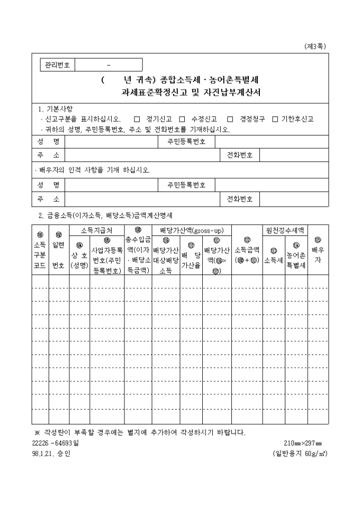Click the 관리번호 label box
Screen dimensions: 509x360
click(58, 65)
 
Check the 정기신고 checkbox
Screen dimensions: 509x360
click(137, 119)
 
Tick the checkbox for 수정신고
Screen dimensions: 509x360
click(182, 119)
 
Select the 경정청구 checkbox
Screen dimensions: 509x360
click(230, 119)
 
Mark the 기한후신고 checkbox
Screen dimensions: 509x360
click(275, 119)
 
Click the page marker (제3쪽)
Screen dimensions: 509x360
click(316, 46)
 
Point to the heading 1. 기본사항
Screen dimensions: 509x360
click(59, 109)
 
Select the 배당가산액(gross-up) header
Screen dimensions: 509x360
click(191, 231)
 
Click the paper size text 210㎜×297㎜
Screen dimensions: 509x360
click(303, 443)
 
